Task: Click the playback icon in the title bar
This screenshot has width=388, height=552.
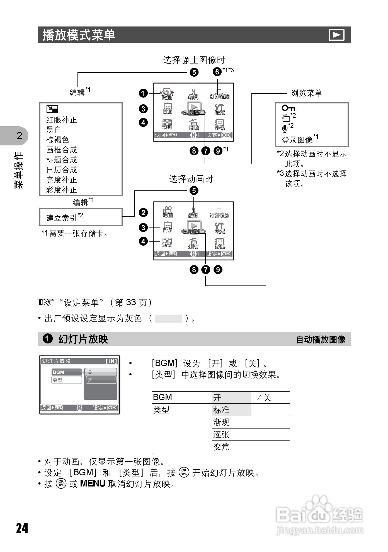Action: (x=336, y=35)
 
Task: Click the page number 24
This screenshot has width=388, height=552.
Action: (x=22, y=528)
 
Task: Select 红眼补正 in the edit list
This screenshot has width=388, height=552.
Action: (x=61, y=120)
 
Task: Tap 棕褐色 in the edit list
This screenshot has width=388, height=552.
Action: (x=57, y=140)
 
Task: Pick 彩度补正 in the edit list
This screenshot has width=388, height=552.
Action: (x=61, y=190)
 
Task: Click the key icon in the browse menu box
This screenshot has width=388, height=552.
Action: (x=288, y=108)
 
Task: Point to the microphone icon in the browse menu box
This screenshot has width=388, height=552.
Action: (x=285, y=129)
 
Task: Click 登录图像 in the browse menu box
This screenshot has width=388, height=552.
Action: (x=297, y=140)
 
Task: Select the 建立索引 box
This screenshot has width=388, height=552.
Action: (x=81, y=217)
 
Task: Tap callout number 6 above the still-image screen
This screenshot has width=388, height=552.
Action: (x=217, y=72)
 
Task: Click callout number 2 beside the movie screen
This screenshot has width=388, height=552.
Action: (x=143, y=213)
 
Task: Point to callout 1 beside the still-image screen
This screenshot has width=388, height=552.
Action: (x=143, y=93)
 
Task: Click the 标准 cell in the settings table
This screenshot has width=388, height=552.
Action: (x=221, y=410)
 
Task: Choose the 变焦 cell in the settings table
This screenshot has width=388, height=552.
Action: (x=221, y=447)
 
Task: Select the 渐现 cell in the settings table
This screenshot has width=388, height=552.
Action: (x=221, y=422)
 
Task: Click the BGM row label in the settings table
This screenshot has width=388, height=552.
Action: (x=163, y=397)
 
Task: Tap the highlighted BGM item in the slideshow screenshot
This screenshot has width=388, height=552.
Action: (x=66, y=372)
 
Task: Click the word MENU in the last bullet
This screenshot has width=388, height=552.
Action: (x=93, y=483)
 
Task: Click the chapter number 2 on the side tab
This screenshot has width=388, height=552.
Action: (x=19, y=135)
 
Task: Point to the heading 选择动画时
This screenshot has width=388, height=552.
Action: (x=191, y=179)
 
